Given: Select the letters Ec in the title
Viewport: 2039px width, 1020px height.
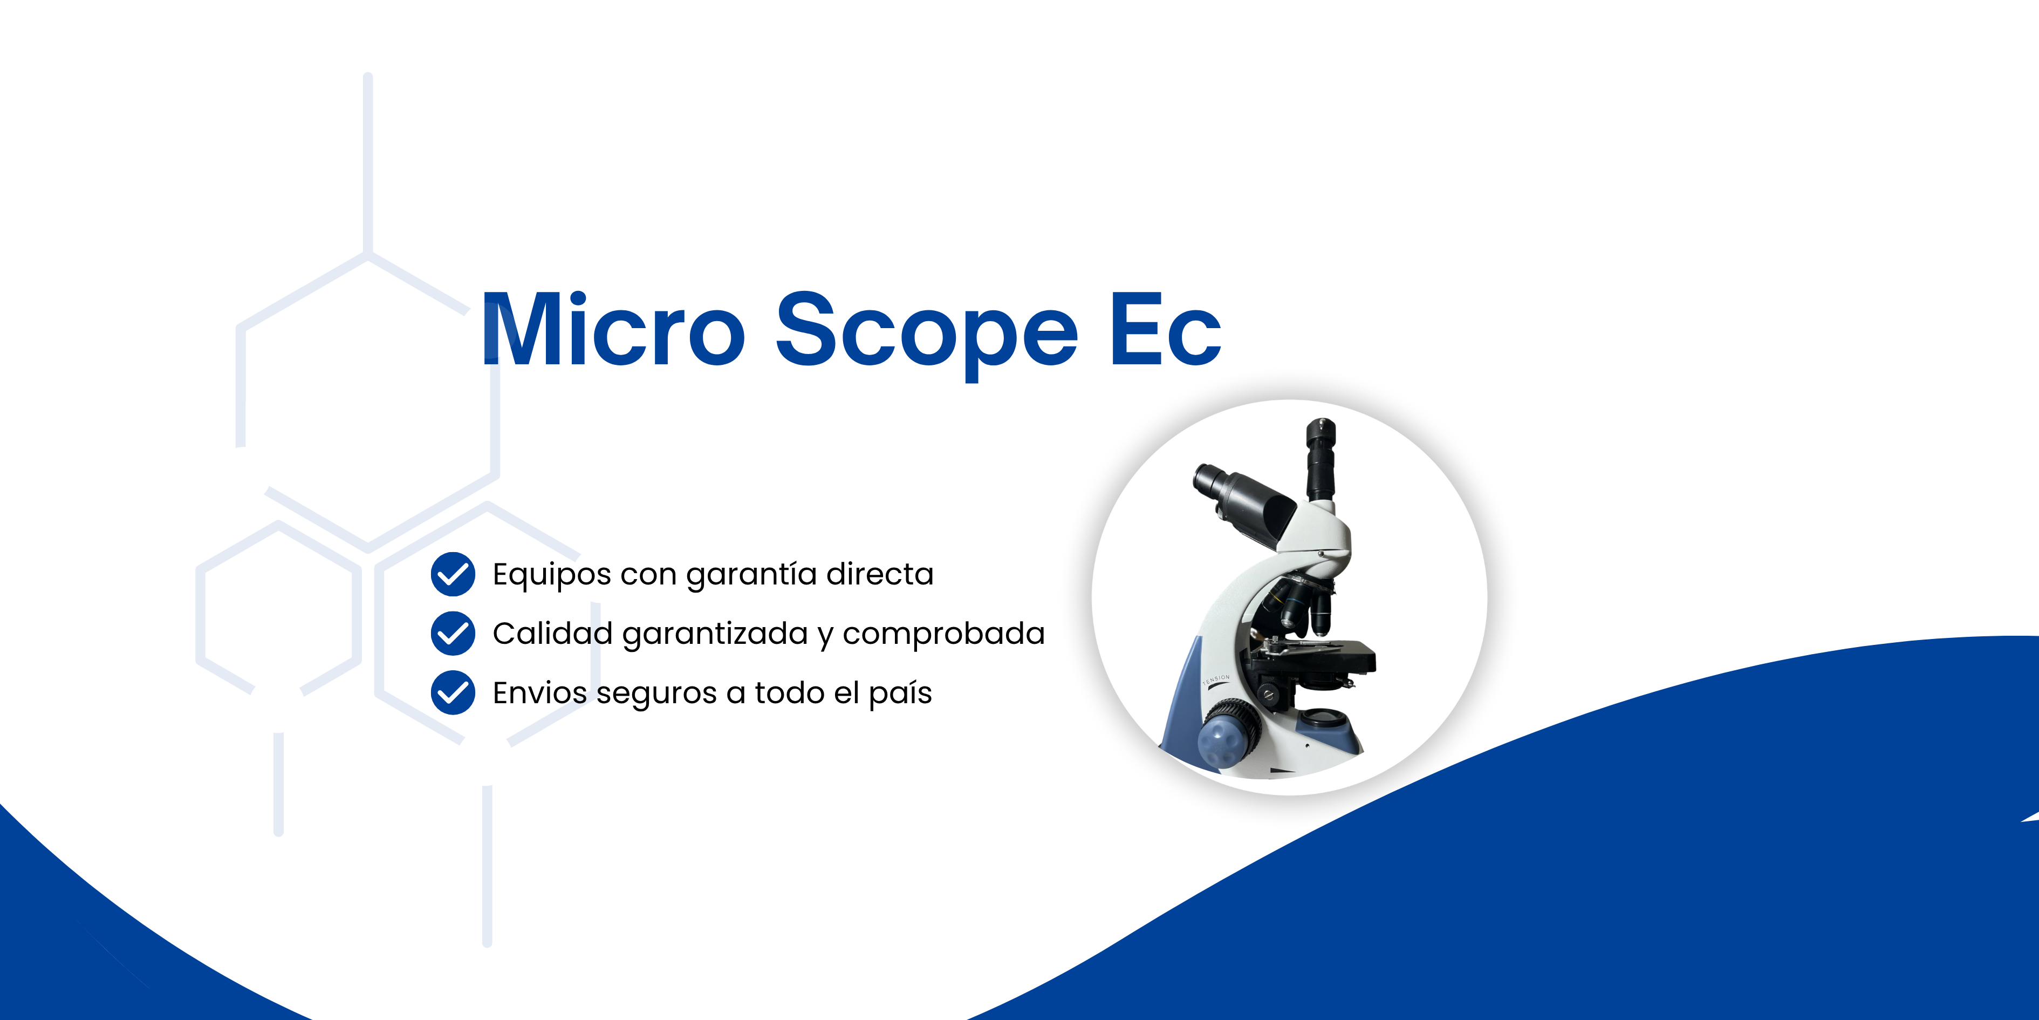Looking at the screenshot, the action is (x=1165, y=331).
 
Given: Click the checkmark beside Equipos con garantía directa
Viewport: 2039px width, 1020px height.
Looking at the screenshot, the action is (x=453, y=574).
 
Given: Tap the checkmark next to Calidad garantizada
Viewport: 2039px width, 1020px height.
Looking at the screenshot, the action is (x=453, y=634).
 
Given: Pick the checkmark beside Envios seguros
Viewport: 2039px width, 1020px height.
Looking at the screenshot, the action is (x=453, y=693).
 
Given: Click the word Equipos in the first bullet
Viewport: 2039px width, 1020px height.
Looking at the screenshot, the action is (x=552, y=576).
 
